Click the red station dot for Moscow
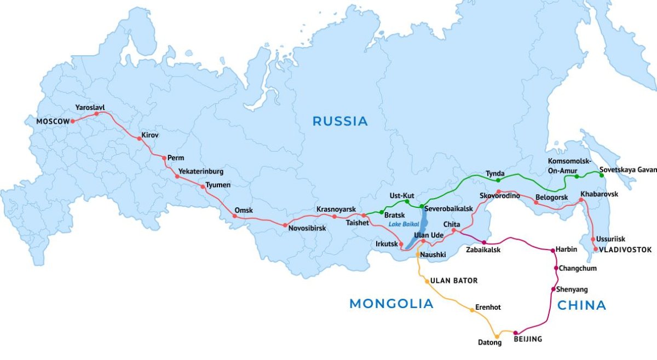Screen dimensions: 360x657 click(x=73, y=121)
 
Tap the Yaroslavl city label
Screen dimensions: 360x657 click(x=90, y=107)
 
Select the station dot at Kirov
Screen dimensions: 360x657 click(x=140, y=138)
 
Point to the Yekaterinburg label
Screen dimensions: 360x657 click(x=201, y=171)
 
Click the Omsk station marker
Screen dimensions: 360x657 click(x=235, y=216)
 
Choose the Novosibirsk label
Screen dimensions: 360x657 click(x=307, y=228)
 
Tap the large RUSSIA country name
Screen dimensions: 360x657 click(x=340, y=121)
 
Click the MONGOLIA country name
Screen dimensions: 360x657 click(x=391, y=304)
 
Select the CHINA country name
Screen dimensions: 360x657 click(x=581, y=305)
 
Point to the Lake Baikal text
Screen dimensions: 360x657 click(x=404, y=224)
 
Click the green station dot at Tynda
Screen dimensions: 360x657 click(x=498, y=180)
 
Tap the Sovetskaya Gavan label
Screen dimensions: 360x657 click(x=627, y=170)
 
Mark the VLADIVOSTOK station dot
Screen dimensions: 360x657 click(x=596, y=249)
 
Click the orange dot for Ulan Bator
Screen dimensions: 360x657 click(x=427, y=281)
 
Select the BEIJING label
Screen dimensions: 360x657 click(x=528, y=339)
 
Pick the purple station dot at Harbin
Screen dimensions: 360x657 click(x=552, y=250)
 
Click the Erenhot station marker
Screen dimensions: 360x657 click(x=472, y=310)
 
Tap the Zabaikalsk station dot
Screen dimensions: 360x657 click(x=484, y=242)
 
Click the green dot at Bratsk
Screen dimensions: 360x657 click(x=382, y=212)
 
